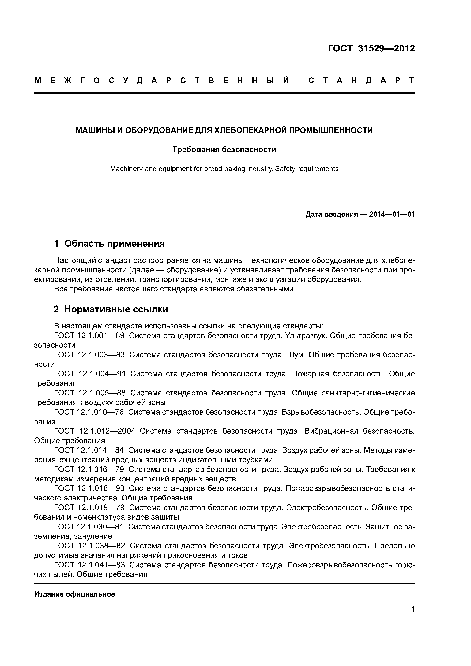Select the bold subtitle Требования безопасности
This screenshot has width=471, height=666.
coord(224,149)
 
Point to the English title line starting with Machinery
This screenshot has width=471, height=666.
coord(224,169)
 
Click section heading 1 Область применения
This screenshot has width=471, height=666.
coord(109,243)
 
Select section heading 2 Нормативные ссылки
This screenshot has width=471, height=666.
coord(111,309)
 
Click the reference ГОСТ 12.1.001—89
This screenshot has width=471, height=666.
coord(89,336)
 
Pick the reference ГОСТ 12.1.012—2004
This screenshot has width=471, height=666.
coord(95,431)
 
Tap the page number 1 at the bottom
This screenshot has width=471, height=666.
coord(413,617)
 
